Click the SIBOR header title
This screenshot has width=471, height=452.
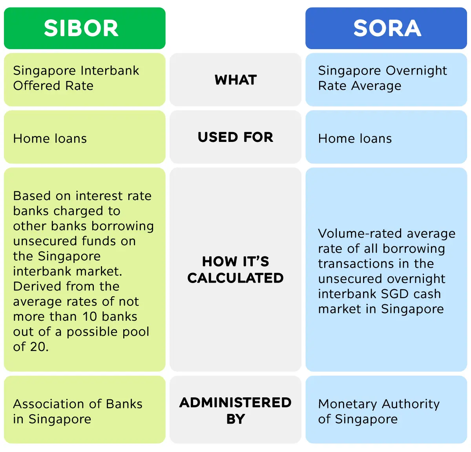point(81,28)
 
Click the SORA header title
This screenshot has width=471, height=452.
point(387,28)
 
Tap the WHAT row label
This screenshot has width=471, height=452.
point(235,80)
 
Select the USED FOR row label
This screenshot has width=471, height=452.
point(235,137)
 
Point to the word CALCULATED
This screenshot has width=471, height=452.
point(235,278)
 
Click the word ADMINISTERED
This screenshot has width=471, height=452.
point(235,403)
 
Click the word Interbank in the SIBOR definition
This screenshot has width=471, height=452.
point(110,70)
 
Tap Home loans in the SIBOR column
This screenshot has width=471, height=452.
point(50,139)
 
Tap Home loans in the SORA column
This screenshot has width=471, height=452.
point(355,139)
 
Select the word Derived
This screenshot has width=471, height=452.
point(37,287)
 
